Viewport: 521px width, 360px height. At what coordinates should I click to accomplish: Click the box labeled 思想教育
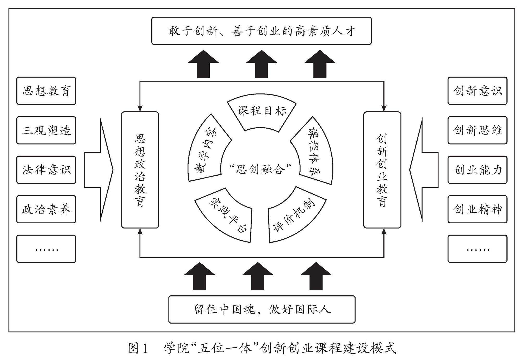46,91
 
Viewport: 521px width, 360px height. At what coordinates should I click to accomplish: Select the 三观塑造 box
46,130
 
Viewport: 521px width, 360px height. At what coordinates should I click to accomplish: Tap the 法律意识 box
46,170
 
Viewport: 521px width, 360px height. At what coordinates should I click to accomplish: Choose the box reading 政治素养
46,209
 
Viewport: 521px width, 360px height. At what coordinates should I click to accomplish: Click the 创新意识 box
477,91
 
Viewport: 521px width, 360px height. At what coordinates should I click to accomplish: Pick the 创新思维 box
477,130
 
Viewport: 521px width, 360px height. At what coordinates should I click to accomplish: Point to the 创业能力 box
477,170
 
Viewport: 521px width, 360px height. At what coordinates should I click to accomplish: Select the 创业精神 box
477,209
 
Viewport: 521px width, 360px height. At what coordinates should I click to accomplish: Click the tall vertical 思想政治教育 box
140,170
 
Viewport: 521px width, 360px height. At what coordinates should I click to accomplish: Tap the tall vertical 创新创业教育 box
382,170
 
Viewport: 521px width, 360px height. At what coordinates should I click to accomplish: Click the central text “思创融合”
260,170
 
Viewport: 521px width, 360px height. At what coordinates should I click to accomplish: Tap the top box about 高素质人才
261,31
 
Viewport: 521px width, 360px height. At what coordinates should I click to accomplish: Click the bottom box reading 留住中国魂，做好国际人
262,310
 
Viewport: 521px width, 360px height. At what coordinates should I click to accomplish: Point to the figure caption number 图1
138,348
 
